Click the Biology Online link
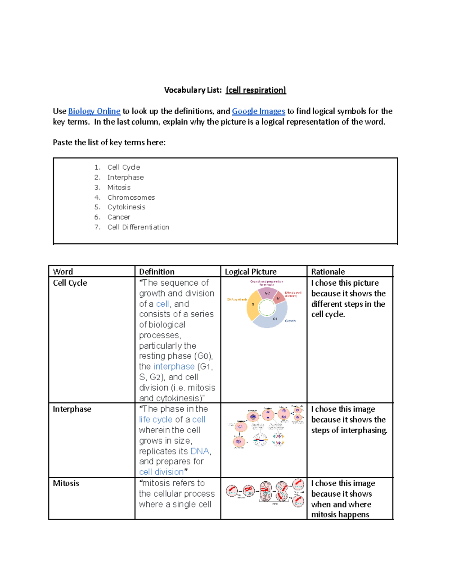94,111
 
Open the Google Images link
258,111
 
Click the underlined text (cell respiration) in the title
256,90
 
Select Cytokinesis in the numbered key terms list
126,207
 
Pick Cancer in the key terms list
118,217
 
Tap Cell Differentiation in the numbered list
138,227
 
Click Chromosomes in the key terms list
131,197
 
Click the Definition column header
157,271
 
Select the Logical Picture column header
250,271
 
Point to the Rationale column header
328,271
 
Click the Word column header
63,271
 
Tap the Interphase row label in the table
72,409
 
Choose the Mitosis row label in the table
66,483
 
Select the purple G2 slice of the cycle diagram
267,293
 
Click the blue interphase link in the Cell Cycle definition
174,366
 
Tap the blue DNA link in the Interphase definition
199,451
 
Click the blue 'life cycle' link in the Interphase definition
156,420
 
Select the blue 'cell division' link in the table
161,472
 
